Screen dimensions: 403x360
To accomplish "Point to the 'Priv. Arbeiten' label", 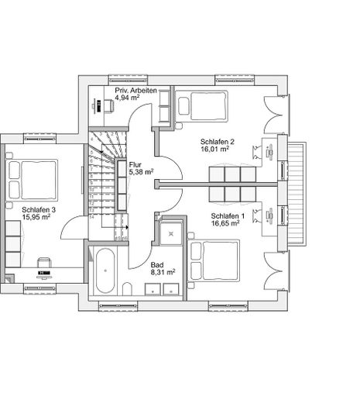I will [136, 90].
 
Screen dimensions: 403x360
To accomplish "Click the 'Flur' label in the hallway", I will [135, 165].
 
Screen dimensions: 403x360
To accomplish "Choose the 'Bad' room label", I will [157, 264].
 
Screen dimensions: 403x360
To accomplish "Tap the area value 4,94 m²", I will [132, 99].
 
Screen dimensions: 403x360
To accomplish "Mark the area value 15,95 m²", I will [36, 218].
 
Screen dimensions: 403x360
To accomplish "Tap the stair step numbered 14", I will [94, 218].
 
